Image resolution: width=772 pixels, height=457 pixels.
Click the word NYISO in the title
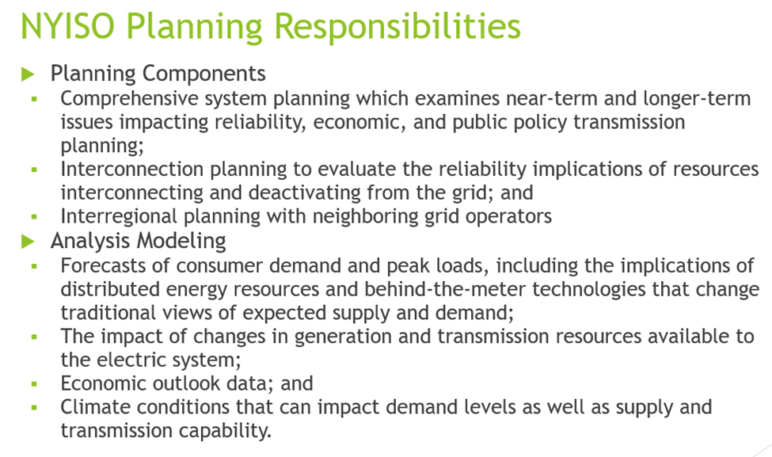pos(67,25)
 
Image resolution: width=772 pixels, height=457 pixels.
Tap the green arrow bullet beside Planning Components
pos(28,74)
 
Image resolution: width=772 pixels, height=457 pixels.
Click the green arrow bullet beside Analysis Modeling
pos(28,242)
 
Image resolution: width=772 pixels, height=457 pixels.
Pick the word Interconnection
pos(132,169)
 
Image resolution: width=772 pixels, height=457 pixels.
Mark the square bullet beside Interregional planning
pos(34,216)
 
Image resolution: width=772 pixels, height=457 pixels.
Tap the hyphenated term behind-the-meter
pos(445,290)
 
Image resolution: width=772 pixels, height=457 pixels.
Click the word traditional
pos(99,313)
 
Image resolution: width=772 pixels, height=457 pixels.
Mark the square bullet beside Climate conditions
pos(34,407)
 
